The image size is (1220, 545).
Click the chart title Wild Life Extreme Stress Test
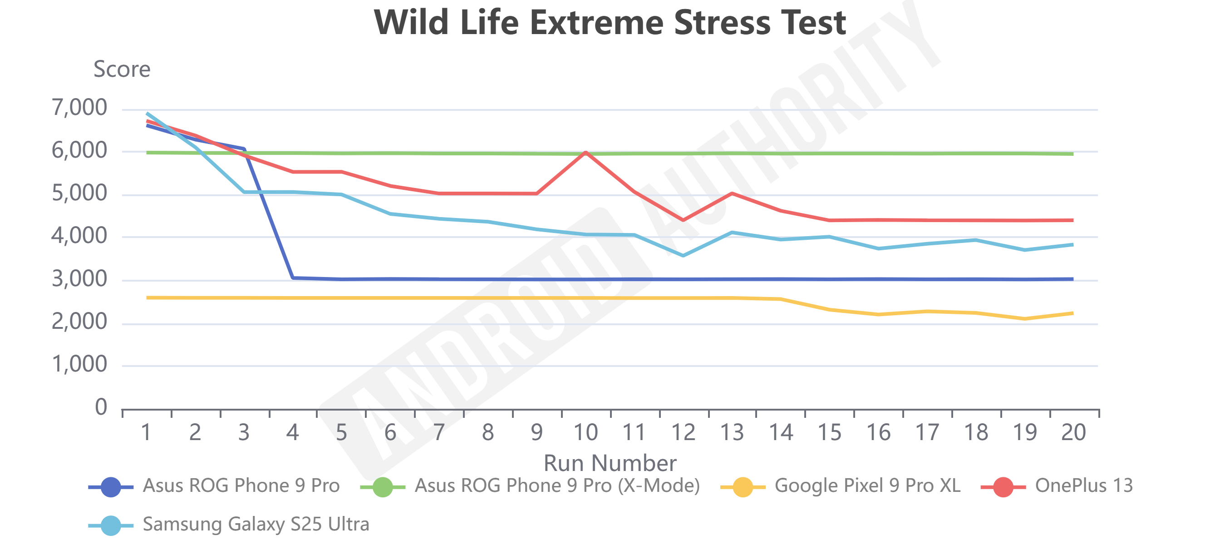610,22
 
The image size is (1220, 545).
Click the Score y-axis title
122,69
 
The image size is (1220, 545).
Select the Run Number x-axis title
610,462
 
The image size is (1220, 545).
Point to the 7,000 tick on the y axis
79,108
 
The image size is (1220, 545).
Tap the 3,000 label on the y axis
79,279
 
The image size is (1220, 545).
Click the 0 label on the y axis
101,407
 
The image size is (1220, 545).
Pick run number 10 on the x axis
585,432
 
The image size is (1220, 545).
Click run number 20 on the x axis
1073,432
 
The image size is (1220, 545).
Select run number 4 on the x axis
293,432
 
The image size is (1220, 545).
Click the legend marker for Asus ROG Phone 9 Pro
111,487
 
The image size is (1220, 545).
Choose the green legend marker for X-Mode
382,487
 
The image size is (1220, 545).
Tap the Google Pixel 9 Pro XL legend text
867,486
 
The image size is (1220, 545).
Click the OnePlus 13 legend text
1083,486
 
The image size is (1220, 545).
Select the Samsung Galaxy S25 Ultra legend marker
111,525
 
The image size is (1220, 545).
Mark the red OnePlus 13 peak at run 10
586,152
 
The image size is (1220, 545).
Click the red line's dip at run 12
683,220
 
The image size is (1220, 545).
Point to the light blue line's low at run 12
683,255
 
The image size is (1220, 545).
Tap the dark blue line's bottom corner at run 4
293,277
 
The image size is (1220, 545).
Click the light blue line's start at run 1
148,113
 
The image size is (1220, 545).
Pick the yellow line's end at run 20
1072,313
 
